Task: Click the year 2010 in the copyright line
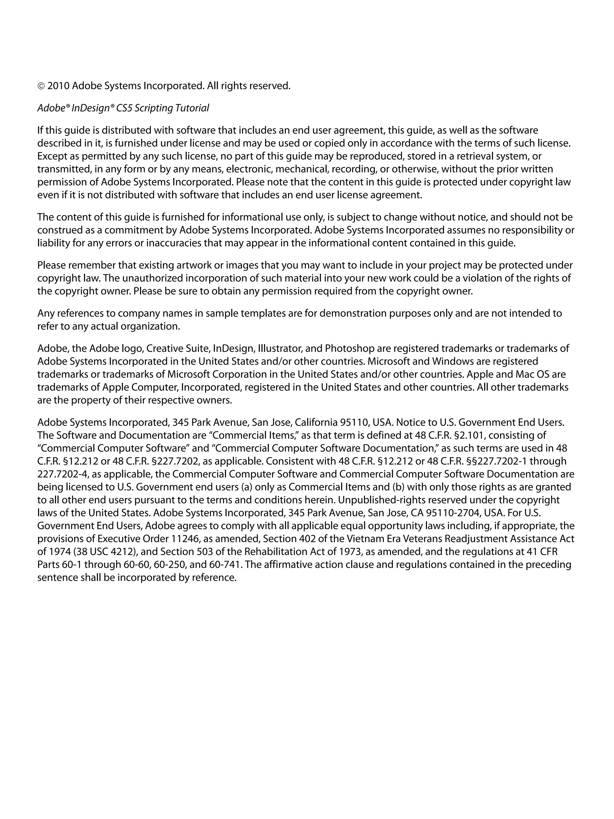tap(58, 86)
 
